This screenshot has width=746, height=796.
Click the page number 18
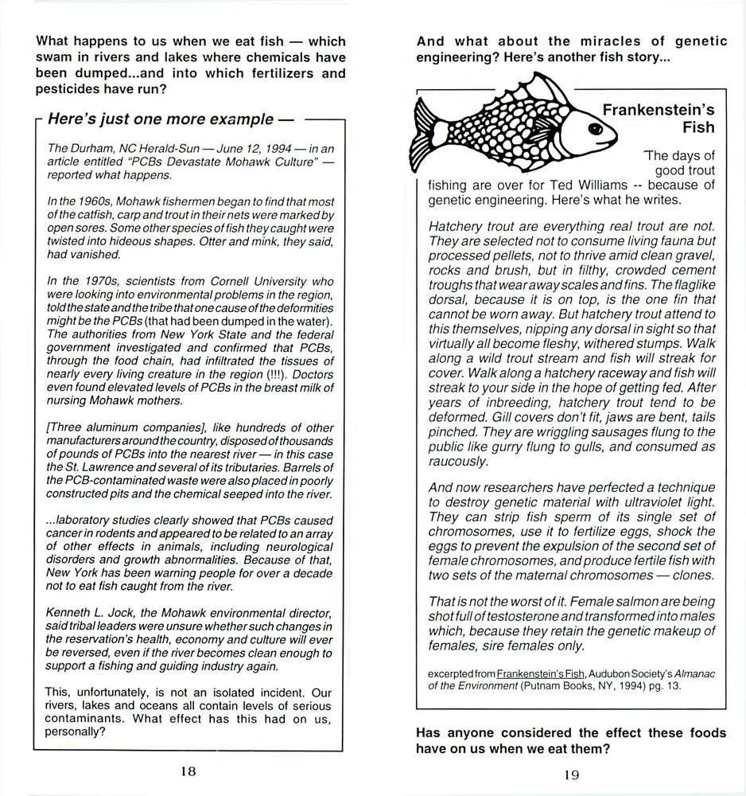pyautogui.click(x=188, y=771)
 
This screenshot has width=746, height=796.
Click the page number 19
pyautogui.click(x=571, y=775)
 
